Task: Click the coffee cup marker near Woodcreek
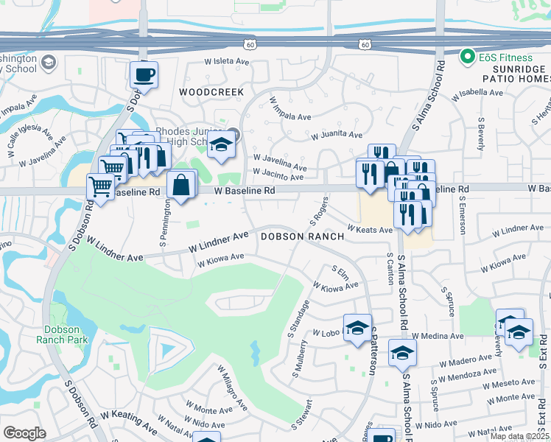click(x=144, y=74)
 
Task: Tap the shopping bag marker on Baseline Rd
click(x=181, y=186)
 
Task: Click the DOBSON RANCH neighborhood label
click(x=302, y=236)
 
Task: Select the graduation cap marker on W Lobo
click(x=357, y=328)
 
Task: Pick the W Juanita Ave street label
click(x=336, y=136)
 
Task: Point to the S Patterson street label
click(x=373, y=351)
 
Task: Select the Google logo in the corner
click(x=24, y=432)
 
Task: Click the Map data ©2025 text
click(x=520, y=436)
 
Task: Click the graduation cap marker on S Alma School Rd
click(x=402, y=353)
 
